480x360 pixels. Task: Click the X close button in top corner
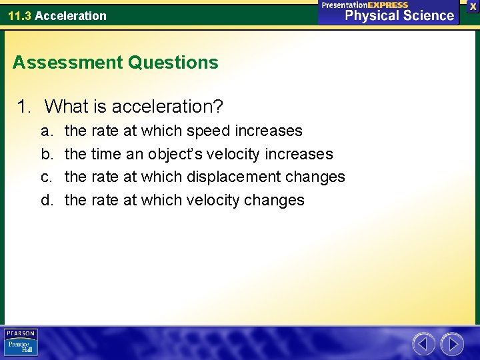tap(473, 6)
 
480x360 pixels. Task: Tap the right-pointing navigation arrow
tap(452, 344)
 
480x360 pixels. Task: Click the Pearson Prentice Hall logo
tap(21, 343)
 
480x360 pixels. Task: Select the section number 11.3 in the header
tap(19, 15)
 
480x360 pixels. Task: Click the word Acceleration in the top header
tap(71, 15)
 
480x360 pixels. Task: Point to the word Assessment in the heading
tap(67, 63)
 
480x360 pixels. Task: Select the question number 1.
tap(24, 106)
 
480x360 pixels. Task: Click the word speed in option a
tap(209, 131)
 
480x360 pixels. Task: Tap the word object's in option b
tap(175, 154)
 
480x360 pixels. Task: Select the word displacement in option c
tap(225, 177)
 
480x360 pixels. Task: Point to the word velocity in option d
tap(214, 200)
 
